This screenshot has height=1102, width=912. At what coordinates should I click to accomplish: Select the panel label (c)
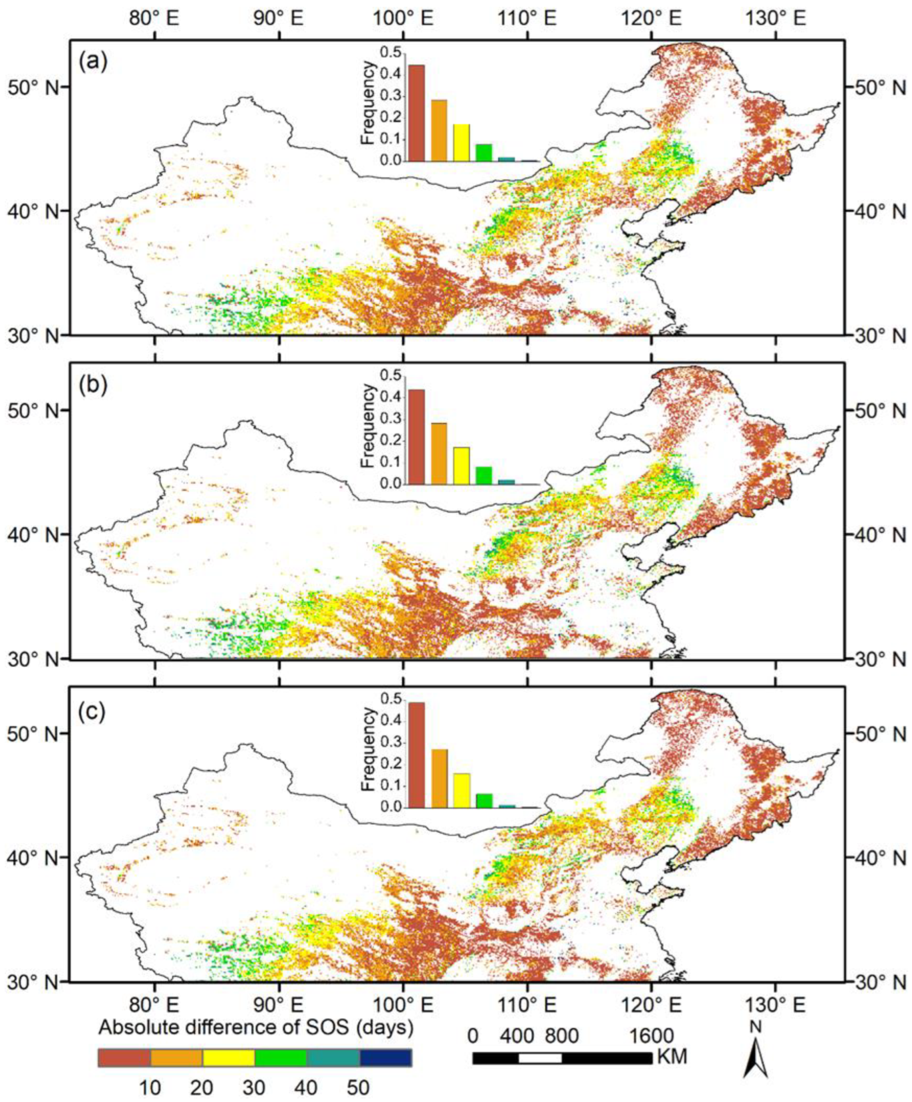coord(93,710)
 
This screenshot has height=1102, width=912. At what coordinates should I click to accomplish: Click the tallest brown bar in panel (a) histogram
coord(417,113)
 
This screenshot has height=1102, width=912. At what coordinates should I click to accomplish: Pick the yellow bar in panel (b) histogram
coord(461,465)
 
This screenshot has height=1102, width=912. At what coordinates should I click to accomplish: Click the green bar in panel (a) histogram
coord(484,152)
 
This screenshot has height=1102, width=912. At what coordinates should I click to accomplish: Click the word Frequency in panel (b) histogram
coord(369,426)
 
